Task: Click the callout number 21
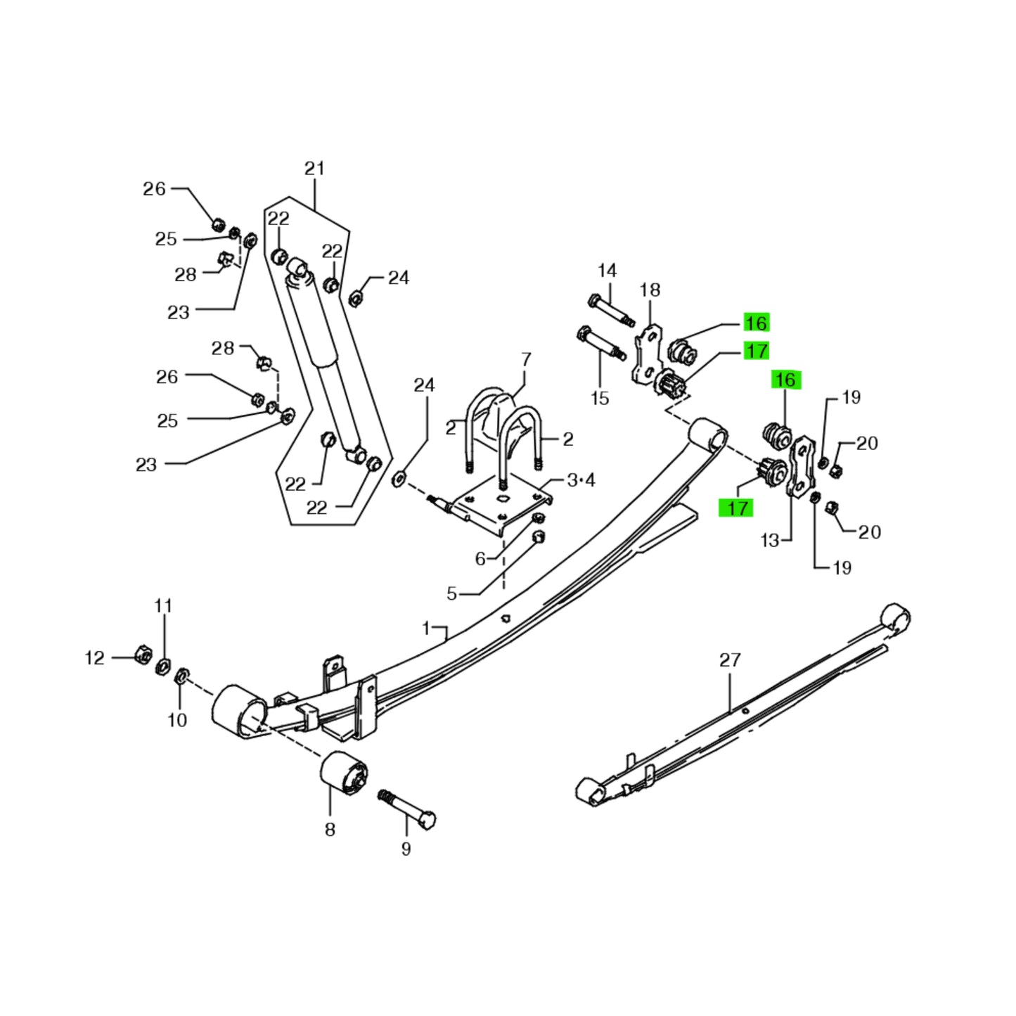[314, 169]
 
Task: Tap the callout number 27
[730, 660]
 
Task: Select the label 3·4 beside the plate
[581, 480]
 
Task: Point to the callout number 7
[526, 360]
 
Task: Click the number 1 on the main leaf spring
[425, 627]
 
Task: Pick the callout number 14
[607, 271]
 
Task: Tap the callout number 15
[599, 399]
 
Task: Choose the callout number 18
[650, 290]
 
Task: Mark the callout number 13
[770, 540]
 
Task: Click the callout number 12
[94, 658]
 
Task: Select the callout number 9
[406, 849]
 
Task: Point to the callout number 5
[451, 593]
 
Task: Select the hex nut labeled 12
[141, 654]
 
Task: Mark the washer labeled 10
[179, 676]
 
